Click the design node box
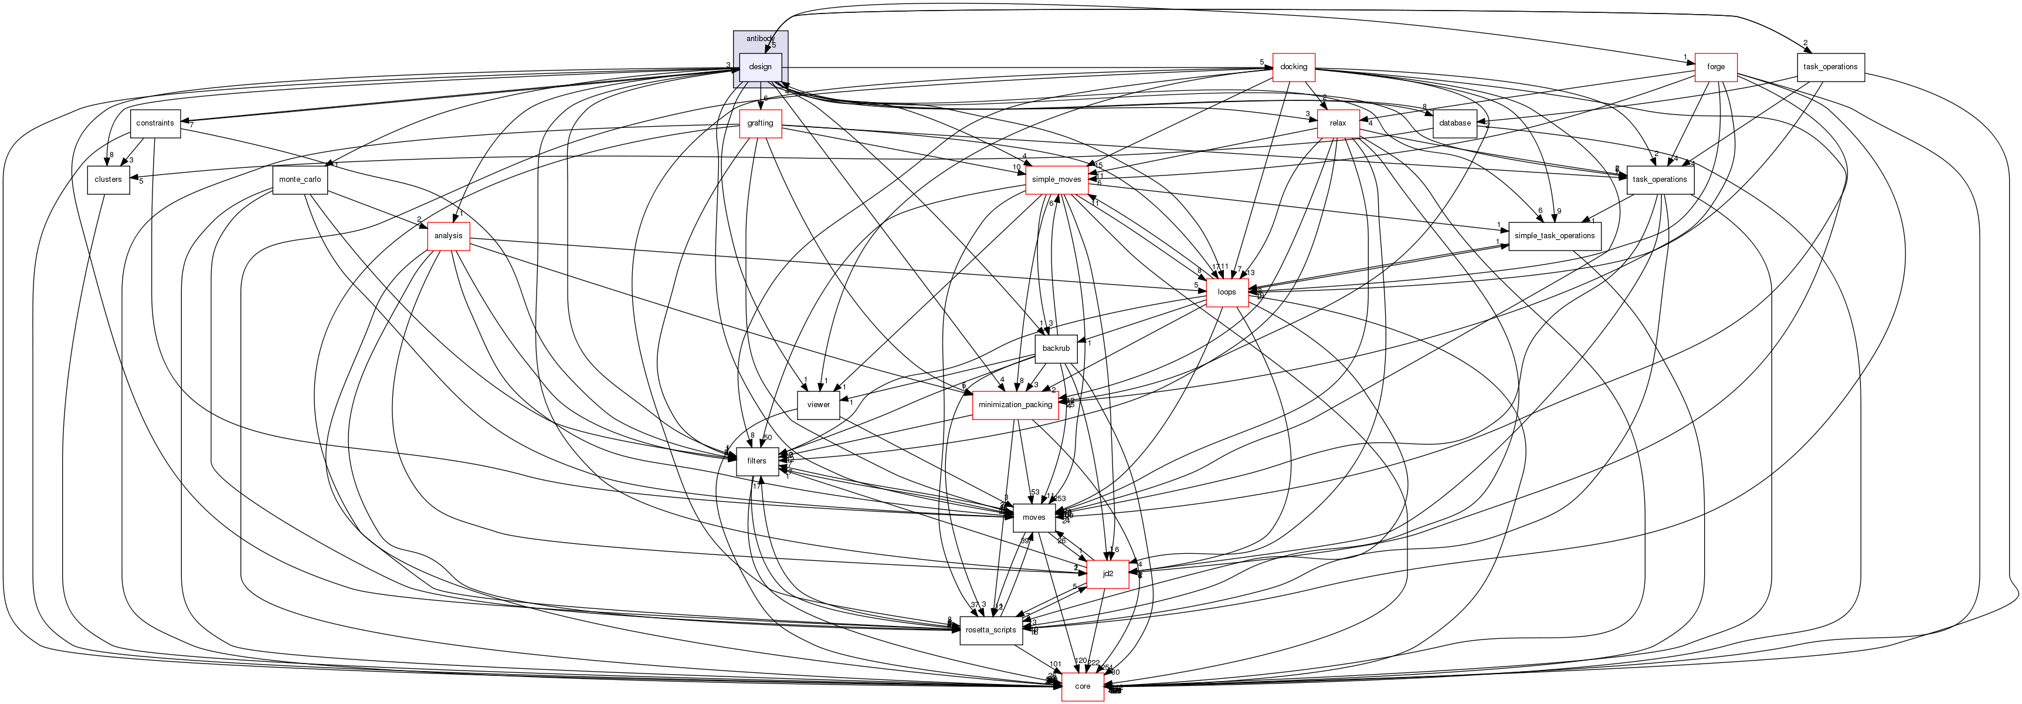760,67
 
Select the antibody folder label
760,39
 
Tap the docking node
1293,67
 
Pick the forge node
1716,67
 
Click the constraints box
155,123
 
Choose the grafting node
760,123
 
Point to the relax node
1338,123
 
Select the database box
1454,123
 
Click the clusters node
108,180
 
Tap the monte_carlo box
300,180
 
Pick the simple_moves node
1056,180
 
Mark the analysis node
448,235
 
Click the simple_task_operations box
1554,235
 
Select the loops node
1227,292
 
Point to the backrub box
1056,348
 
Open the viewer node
818,405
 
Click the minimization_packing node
1015,405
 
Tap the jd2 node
1108,574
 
